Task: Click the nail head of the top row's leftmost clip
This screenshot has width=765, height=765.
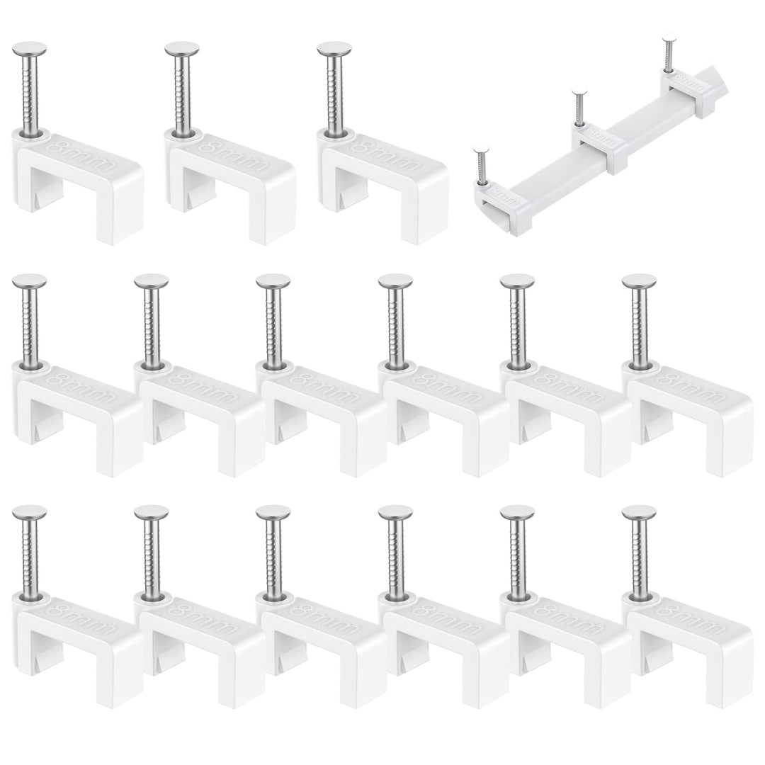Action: click(x=30, y=50)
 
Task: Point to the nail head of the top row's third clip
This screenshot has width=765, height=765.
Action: click(x=334, y=50)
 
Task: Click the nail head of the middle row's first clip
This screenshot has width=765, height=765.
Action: click(x=30, y=281)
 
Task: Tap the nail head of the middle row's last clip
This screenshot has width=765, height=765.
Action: click(x=639, y=281)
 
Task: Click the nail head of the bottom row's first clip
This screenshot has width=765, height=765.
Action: click(x=30, y=512)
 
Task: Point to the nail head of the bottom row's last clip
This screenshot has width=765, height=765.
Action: click(x=639, y=512)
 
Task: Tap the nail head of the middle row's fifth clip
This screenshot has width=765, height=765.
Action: click(x=517, y=281)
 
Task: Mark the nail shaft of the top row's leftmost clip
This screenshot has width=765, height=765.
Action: click(x=30, y=92)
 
